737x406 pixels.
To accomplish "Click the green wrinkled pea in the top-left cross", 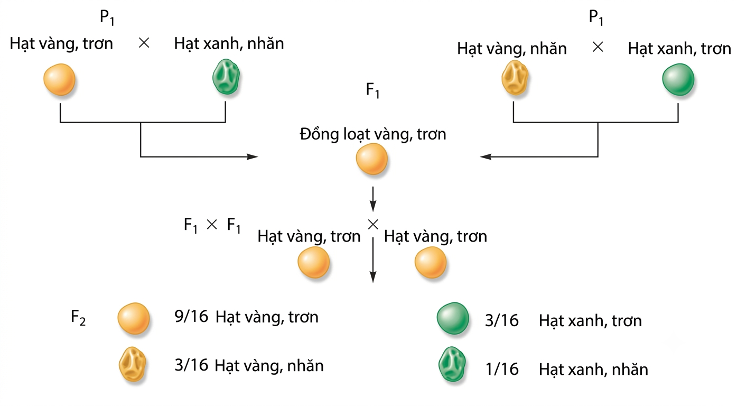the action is (x=226, y=77).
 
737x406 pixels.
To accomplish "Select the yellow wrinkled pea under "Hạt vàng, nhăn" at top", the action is (x=515, y=78).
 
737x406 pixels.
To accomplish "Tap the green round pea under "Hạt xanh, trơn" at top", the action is (x=678, y=80).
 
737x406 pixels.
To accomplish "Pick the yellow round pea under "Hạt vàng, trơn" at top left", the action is (x=60, y=80).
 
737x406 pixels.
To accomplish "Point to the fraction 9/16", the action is (x=191, y=317).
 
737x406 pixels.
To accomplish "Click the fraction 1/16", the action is (x=502, y=369).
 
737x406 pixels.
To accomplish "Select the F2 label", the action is (x=78, y=317).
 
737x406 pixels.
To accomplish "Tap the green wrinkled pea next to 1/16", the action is (x=452, y=364).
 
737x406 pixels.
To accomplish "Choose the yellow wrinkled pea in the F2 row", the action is (x=133, y=364).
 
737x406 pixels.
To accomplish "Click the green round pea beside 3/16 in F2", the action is (x=453, y=318).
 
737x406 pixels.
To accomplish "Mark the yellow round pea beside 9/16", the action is (x=134, y=318).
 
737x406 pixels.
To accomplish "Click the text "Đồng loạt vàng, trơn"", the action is (x=373, y=134).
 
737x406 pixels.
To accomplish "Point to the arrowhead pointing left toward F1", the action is (x=486, y=156).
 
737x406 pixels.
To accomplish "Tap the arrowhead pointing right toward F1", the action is (x=253, y=156).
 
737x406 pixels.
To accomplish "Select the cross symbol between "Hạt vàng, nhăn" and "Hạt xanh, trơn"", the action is (x=598, y=47).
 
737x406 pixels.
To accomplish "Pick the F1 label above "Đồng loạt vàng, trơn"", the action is (x=373, y=90).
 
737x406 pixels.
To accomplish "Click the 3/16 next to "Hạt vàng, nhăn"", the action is (x=191, y=365).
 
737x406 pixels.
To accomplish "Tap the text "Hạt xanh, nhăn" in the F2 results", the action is (x=593, y=370).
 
